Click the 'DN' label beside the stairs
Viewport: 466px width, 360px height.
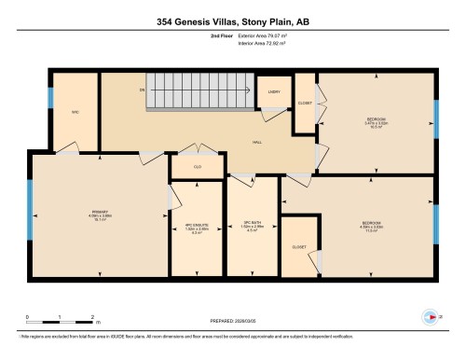tap(142, 90)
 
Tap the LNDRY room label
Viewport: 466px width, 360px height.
tap(275, 91)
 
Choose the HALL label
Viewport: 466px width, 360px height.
tap(256, 142)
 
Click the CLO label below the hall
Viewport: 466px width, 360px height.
tap(198, 168)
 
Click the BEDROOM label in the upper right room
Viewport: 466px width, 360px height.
tap(376, 119)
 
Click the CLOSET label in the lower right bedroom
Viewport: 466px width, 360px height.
tap(299, 247)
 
